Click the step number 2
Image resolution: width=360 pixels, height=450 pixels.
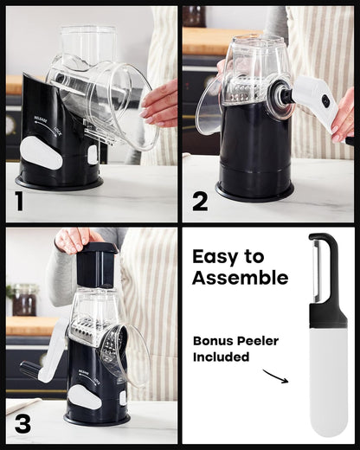click(200, 202)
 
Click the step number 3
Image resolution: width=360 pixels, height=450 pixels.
click(22, 423)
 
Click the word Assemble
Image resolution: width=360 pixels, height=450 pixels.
click(240, 278)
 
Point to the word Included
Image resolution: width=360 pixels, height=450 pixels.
click(221, 357)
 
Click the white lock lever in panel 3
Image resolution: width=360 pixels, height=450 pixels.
click(87, 396)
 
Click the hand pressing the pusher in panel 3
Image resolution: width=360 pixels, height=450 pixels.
click(76, 240)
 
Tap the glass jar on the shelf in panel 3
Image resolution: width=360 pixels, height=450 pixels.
click(24, 299)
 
